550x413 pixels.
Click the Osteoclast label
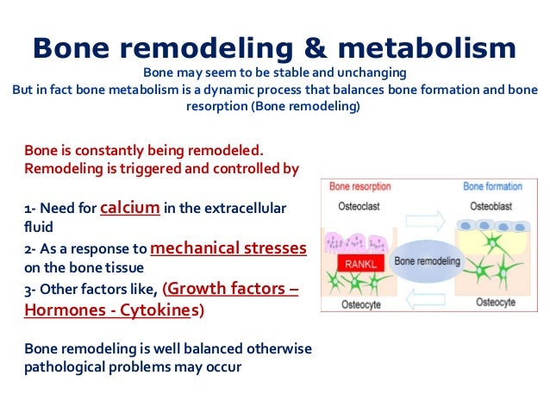tap(353, 205)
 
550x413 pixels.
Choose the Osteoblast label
tap(492, 205)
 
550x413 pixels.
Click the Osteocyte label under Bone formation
tap(492, 304)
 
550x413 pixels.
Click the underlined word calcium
tap(130, 208)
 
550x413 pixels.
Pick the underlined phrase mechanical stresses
tap(228, 248)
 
